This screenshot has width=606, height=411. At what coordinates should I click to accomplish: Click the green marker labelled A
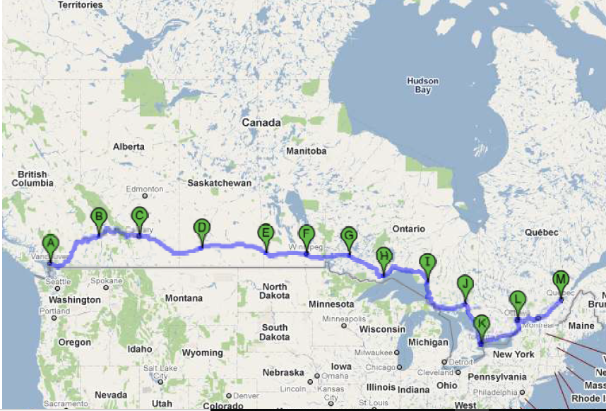coord(49,244)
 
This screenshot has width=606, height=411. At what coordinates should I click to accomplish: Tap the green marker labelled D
coord(201,227)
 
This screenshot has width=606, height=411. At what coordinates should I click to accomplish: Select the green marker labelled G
coord(348,235)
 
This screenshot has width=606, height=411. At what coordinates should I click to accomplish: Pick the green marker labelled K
coord(482,325)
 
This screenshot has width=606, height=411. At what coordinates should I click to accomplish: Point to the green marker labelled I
coord(427,263)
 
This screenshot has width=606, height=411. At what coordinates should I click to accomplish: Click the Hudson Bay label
coord(422,85)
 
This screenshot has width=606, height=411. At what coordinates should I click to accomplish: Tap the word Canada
coord(261,123)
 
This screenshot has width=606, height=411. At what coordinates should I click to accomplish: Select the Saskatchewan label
coord(220,183)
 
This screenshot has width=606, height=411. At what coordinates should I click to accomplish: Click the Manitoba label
coord(307,151)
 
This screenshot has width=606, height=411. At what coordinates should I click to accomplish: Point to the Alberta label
coord(129,147)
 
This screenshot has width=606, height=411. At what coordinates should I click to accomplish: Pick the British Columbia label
coord(32,179)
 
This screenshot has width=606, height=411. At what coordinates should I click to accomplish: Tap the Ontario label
coord(409,229)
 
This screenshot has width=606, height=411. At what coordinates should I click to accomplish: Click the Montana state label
coord(184,299)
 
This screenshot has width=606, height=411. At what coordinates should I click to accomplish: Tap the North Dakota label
coord(275,291)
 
